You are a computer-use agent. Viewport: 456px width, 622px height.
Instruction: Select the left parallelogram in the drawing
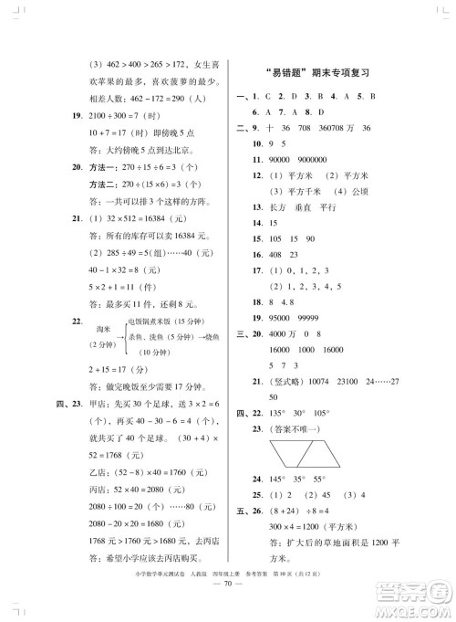click(288, 452)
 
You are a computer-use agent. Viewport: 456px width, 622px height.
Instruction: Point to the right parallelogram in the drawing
click(325, 452)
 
